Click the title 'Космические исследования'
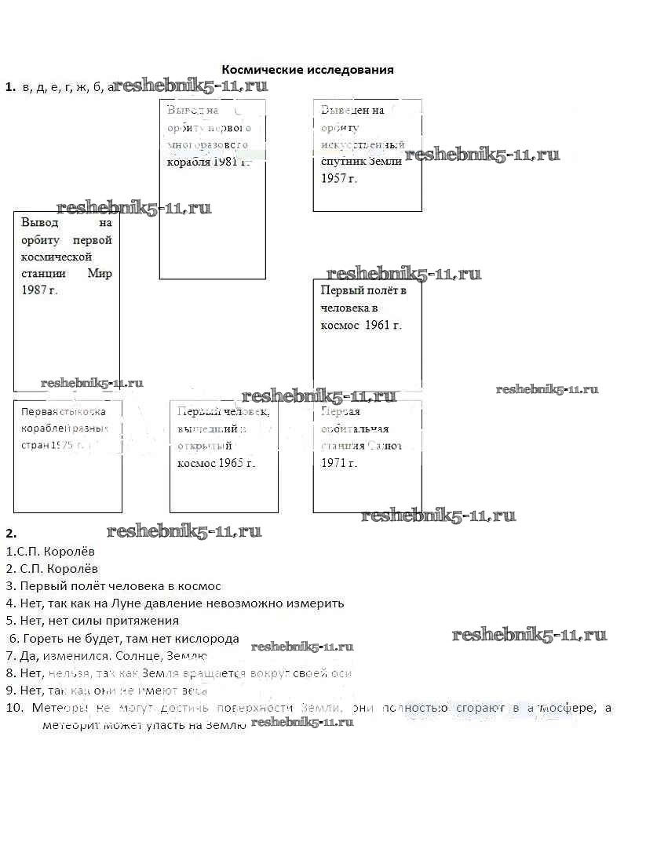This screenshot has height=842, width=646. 308,70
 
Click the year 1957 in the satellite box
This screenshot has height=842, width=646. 335,179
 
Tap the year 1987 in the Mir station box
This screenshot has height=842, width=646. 36,290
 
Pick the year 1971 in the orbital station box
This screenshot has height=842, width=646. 335,463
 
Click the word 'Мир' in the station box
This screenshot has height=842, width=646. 100,274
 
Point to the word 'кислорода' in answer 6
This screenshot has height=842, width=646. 211,639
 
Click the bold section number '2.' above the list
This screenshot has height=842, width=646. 11,533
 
